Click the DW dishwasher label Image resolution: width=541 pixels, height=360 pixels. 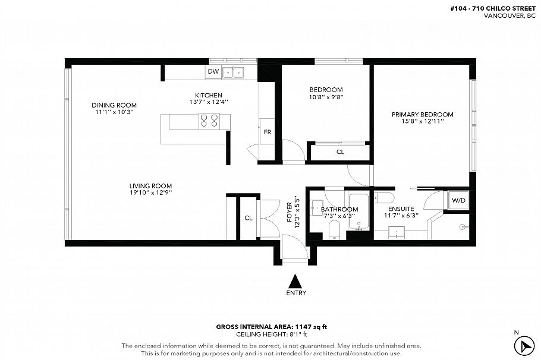pos(213,72)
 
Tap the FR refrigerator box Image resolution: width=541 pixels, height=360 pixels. pos(268,132)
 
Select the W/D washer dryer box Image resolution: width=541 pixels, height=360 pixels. pos(458,201)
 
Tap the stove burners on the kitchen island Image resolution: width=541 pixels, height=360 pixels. pos(208,121)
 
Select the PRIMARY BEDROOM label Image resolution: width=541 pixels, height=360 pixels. pos(422,115)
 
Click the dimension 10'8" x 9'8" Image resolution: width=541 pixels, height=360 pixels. pos(326,97)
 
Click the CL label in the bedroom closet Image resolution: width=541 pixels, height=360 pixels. pos(340,152)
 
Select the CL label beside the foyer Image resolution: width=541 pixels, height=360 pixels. pos(249,218)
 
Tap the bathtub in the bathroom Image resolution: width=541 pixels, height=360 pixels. pos(359,211)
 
